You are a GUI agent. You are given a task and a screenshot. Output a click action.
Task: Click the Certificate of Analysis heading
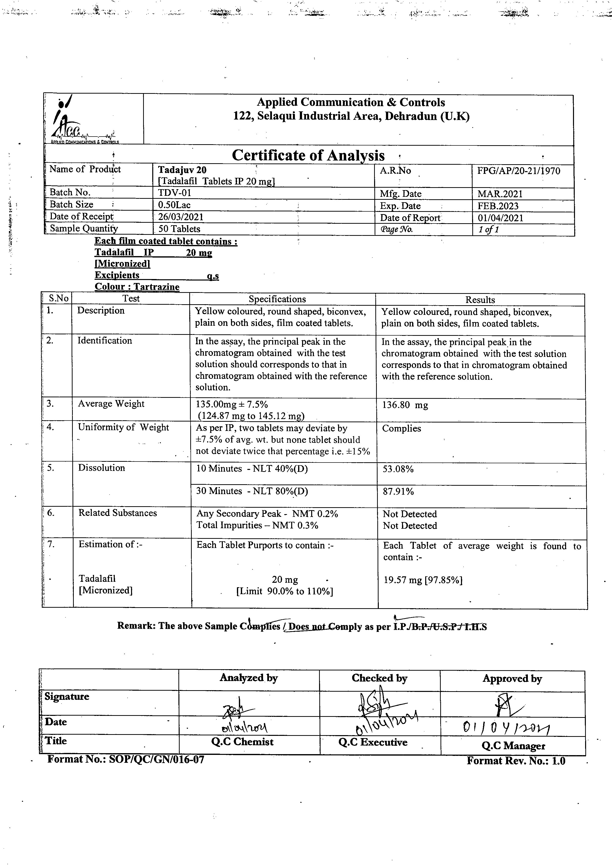tap(308, 155)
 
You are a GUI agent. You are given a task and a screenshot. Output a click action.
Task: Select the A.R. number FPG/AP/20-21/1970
tap(518, 171)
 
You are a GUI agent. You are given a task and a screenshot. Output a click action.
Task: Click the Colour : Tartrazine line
tap(137, 287)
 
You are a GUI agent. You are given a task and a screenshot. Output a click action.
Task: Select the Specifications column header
tap(277, 299)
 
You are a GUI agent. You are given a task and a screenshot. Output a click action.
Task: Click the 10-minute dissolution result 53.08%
tap(398, 469)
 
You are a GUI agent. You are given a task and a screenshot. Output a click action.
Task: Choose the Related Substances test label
tap(117, 513)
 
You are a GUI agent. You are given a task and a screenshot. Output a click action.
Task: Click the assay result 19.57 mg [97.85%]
tap(423, 580)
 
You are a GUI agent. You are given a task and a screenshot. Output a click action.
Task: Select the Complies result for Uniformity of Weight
tap(401, 428)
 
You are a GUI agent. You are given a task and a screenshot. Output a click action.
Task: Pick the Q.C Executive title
tap(373, 742)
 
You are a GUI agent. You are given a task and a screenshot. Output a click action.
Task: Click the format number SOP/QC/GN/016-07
tap(126, 759)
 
